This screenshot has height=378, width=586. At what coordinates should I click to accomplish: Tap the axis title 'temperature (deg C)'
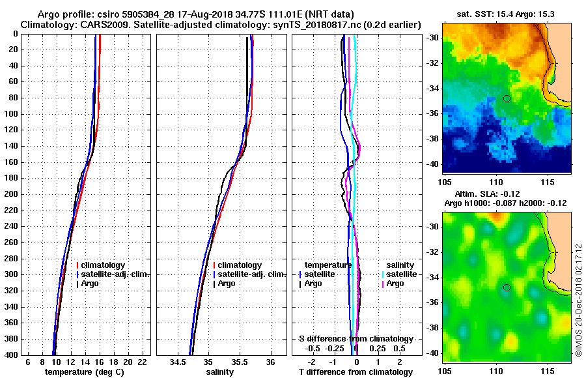point(84,371)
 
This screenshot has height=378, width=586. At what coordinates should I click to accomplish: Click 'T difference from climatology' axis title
point(356,371)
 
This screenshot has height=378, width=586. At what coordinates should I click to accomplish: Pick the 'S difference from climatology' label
point(356,339)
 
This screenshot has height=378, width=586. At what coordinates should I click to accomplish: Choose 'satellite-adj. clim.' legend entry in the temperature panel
point(117,274)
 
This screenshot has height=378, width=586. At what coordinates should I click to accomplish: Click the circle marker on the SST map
point(507,98)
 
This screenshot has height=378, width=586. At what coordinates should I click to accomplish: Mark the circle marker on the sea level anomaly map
point(507,287)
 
